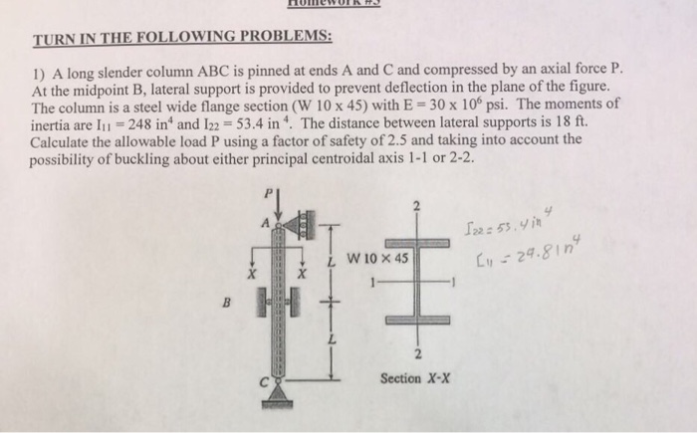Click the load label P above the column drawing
(x=266, y=191)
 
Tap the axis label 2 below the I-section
(x=415, y=352)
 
